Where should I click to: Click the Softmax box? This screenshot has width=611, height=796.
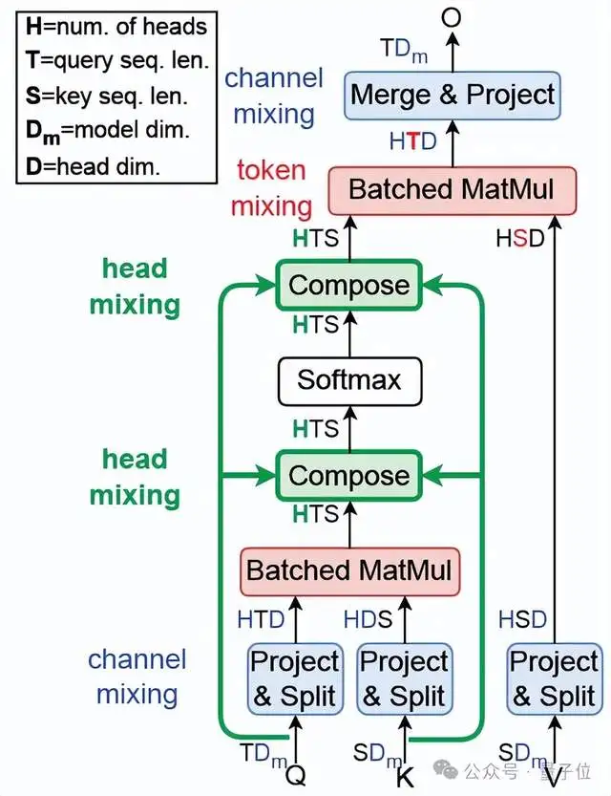[x=348, y=379]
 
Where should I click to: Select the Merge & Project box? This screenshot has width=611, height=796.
[x=452, y=96]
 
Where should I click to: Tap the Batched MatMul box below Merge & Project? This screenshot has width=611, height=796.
[x=452, y=188]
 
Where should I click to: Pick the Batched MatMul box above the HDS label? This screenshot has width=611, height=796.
[x=348, y=570]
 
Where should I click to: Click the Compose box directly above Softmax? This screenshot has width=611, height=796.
[x=348, y=285]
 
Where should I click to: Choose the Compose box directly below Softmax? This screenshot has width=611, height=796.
[x=348, y=475]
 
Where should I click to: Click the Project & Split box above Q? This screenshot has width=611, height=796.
[x=294, y=678]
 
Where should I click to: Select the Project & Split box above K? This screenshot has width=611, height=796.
[x=404, y=678]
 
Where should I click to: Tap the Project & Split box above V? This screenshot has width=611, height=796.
[x=554, y=678]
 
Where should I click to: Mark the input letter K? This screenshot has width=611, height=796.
[x=405, y=776]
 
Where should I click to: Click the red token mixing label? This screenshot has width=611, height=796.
[x=272, y=187]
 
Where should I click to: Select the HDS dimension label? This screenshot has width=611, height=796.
[x=368, y=619]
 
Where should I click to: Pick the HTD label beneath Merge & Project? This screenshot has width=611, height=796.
[x=412, y=141]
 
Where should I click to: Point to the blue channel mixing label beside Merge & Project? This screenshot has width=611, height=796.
[x=274, y=96]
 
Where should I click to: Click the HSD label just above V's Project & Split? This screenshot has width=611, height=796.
[x=521, y=619]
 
